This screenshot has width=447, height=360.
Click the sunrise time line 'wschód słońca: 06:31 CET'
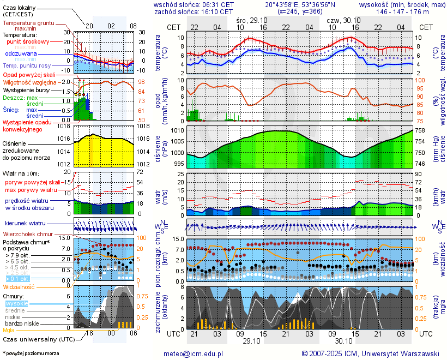pos(194,4)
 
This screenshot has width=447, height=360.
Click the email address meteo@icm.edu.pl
pos(194,353)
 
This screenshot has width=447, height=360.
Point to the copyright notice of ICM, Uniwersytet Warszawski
pos(371,353)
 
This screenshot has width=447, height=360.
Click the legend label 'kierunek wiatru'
pos(25,224)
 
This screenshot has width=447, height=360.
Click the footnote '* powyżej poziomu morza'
pos(31,353)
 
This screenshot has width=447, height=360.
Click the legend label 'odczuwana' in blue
pos(21,54)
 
